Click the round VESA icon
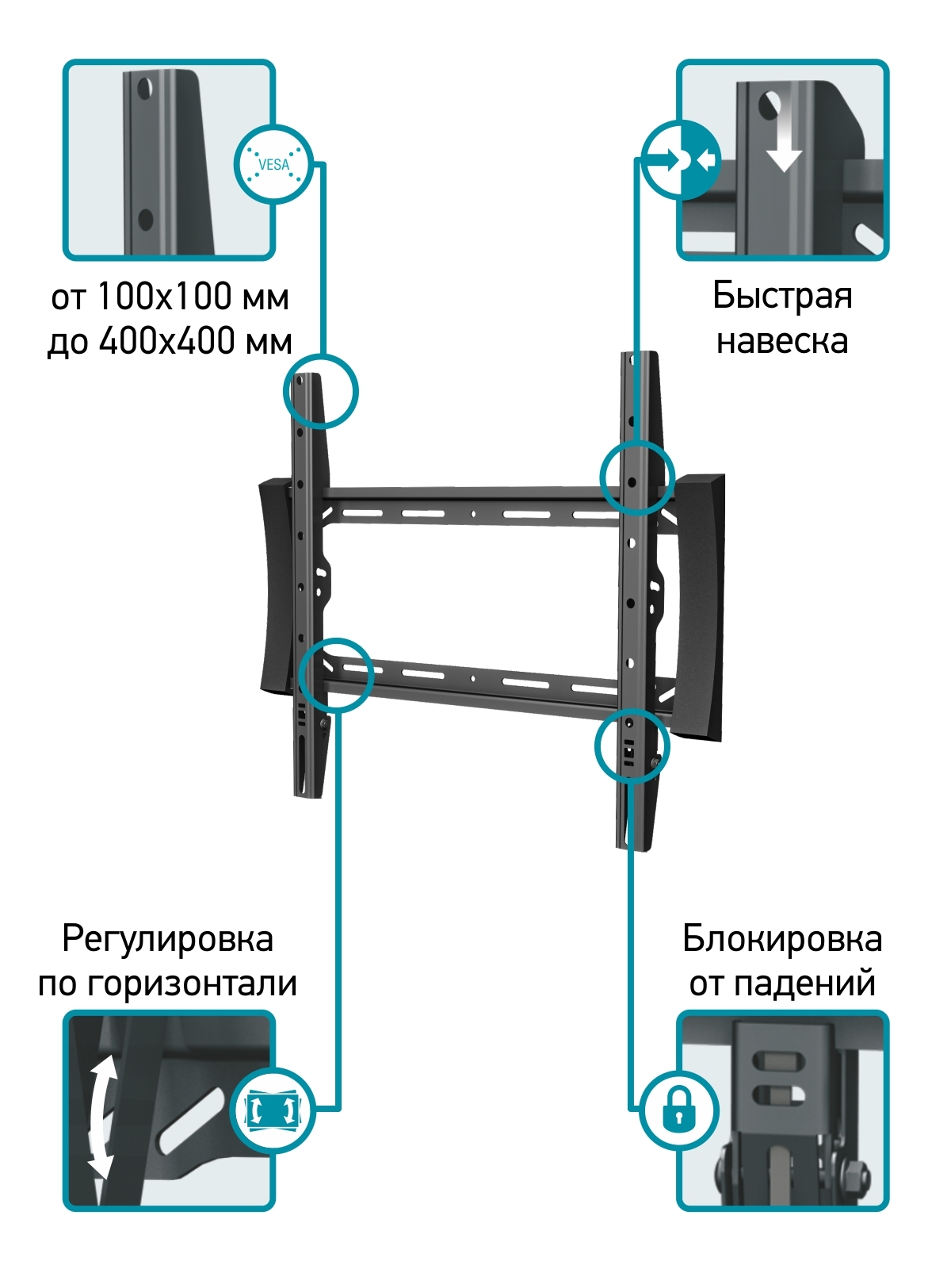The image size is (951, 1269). point(273,164)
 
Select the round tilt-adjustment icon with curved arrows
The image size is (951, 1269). point(273,1110)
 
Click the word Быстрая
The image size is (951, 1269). point(782,296)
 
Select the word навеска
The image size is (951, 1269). point(782,341)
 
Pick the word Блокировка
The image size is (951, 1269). point(782,939)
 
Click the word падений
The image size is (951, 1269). point(804,984)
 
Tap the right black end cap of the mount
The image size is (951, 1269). point(700,607)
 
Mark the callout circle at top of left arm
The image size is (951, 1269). point(321,390)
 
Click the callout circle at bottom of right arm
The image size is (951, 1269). point(632,746)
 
